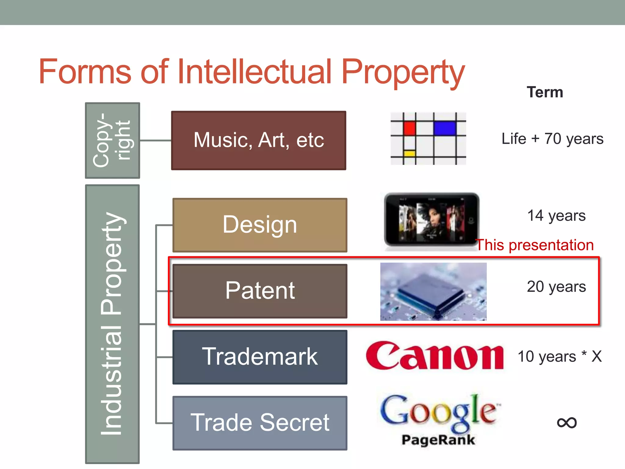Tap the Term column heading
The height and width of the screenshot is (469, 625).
545,92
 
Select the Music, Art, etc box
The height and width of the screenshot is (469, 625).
258,140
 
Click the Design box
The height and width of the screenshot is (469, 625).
260,225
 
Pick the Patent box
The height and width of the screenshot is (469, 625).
260,291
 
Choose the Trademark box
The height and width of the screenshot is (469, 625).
260,357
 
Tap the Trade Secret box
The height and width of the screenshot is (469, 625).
260,423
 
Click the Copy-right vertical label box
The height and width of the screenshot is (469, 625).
112,140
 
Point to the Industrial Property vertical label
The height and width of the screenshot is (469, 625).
112,324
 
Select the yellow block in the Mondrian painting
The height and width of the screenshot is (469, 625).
409,153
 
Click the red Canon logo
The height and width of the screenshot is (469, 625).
435,356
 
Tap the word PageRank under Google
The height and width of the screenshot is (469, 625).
438,440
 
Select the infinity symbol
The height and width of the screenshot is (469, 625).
567,423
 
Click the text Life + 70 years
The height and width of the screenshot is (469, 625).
552,139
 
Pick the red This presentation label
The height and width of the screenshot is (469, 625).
535,245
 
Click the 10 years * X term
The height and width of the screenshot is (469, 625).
560,356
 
